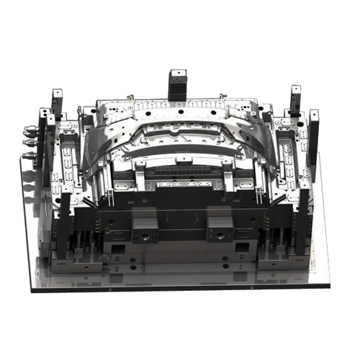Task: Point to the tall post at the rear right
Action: click(295, 101)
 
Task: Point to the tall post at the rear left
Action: click(57, 104)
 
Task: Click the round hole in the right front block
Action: click(216, 234)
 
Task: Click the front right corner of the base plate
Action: click(329, 286)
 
